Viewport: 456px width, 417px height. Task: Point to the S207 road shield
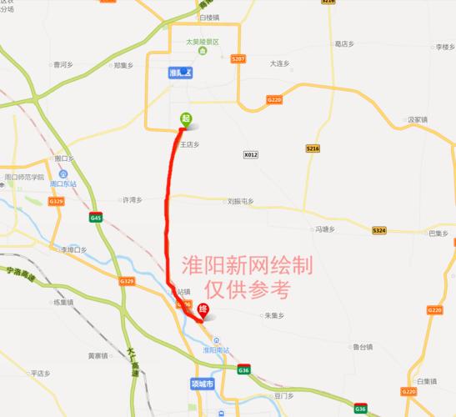coord(239,59)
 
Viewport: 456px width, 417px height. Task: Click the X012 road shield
coord(251,154)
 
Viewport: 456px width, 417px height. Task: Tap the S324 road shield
coord(379,230)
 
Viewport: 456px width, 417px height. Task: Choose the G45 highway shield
coord(96,218)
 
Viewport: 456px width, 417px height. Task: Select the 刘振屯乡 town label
coord(240,200)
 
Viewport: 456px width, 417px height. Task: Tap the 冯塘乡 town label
coord(323,229)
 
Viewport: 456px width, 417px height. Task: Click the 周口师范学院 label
coord(24,178)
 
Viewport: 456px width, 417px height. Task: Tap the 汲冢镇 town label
coord(417,120)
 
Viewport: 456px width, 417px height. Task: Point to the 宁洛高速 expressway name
coord(23,273)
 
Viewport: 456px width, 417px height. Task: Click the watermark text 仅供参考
coord(251,289)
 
